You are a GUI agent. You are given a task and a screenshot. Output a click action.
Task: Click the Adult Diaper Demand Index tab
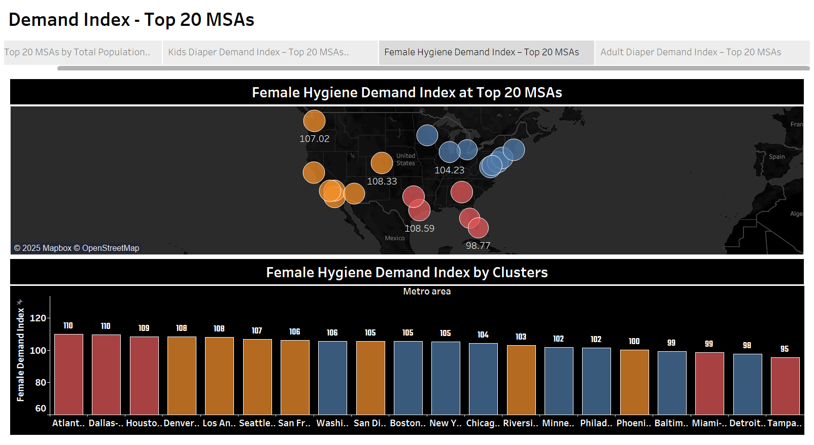(691, 52)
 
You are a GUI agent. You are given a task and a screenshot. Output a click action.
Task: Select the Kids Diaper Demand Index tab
(258, 52)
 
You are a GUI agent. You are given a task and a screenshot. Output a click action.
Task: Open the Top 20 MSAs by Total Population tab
(77, 52)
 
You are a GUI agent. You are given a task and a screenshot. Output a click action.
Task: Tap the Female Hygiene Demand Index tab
(481, 52)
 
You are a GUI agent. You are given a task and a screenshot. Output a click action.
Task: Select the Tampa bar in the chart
(785, 386)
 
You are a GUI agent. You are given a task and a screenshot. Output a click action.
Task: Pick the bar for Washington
(332, 378)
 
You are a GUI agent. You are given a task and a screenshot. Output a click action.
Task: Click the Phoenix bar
(634, 382)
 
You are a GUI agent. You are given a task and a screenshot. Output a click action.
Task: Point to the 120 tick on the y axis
(38, 318)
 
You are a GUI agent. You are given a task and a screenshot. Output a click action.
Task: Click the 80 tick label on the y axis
(41, 383)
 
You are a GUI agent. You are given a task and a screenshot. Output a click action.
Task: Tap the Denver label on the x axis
(181, 423)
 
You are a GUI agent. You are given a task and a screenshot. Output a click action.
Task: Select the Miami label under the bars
(709, 423)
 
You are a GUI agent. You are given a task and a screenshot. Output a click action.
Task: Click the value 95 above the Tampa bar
(785, 349)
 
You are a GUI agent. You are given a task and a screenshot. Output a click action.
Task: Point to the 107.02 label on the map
(314, 139)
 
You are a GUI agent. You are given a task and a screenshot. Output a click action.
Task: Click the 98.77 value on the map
(478, 246)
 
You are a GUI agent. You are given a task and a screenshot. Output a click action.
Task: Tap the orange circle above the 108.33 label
(382, 163)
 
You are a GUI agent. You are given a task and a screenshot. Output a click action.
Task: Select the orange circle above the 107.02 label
(314, 121)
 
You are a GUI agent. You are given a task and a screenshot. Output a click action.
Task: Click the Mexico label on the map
(395, 238)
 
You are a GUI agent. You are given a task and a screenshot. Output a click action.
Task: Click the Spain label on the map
(776, 157)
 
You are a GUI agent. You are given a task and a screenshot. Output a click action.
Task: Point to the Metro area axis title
(427, 291)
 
